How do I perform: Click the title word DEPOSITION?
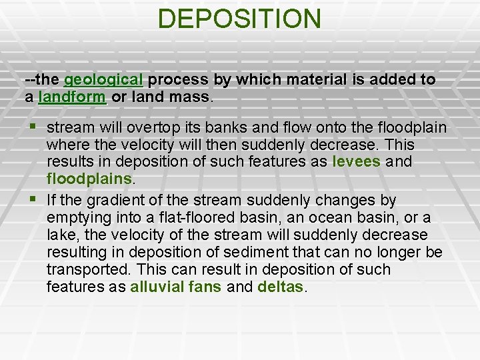pos(239,19)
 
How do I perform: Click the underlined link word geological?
pos(103,80)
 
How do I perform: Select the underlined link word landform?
pos(73,97)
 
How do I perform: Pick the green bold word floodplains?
pos(90,179)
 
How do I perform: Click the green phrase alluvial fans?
pos(176,287)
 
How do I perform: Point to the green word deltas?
pos(280,287)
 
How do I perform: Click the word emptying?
pos(77,217)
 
